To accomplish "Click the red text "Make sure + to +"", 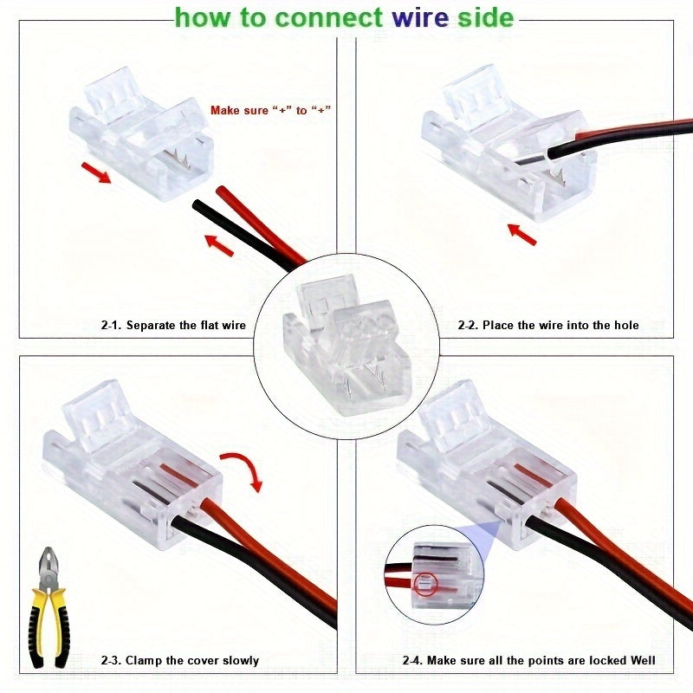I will click(x=271, y=110).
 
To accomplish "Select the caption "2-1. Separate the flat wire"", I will click(x=173, y=326).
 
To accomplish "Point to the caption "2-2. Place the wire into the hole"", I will click(x=548, y=326).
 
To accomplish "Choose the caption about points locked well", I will click(x=528, y=660).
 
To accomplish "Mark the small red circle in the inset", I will click(x=425, y=584).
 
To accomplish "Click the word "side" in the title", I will click(x=485, y=17).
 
